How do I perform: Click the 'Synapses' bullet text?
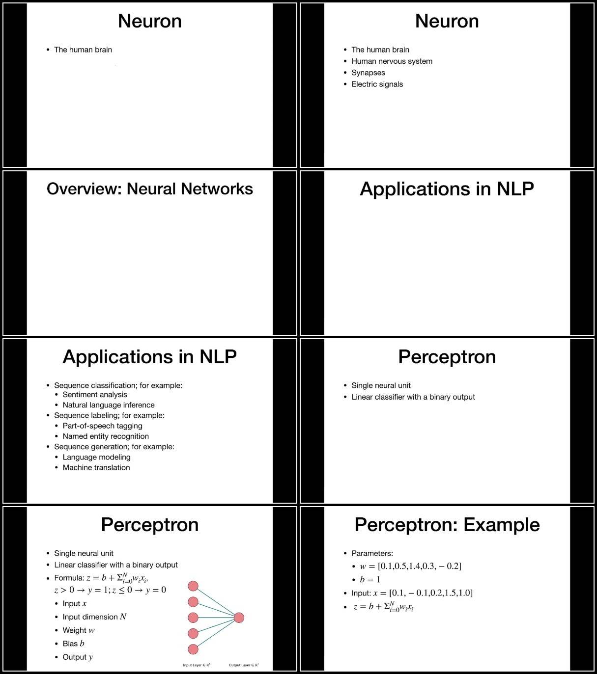tap(368, 73)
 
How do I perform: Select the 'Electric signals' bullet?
tap(377, 84)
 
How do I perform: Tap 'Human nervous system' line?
tap(392, 61)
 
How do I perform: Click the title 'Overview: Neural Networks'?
tap(149, 189)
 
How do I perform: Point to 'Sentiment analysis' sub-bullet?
tap(95, 395)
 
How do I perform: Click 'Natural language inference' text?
tap(108, 405)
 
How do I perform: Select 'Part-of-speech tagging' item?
tap(102, 426)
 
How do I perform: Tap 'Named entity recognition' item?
tap(106, 436)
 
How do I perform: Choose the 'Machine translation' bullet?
tap(96, 467)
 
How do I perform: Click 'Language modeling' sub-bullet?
tap(96, 457)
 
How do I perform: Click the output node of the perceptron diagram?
tap(239, 618)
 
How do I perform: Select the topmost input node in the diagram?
tap(193, 586)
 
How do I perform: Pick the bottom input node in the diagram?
tap(193, 649)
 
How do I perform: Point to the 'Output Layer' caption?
tap(244, 665)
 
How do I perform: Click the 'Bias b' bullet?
tap(73, 644)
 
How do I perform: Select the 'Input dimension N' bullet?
tap(94, 617)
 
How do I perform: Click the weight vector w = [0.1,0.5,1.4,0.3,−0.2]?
tap(410, 566)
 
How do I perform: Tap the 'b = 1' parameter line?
tap(370, 579)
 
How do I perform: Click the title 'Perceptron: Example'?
tap(447, 525)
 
